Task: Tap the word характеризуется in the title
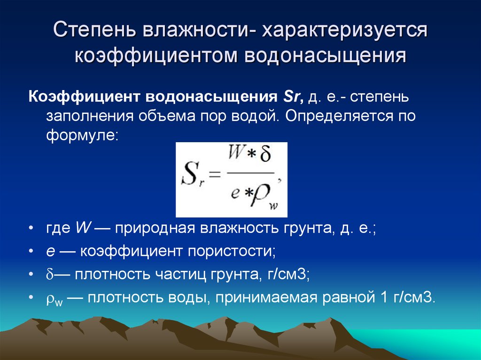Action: click(x=344, y=31)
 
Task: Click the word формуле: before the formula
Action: click(x=82, y=135)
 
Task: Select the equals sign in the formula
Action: click(x=214, y=175)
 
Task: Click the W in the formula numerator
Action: click(x=236, y=153)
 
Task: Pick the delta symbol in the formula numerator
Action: click(x=265, y=153)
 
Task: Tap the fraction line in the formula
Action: click(x=250, y=173)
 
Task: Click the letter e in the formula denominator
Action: click(x=235, y=193)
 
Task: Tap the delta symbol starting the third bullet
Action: click(x=50, y=274)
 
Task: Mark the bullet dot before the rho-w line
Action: click(x=31, y=298)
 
